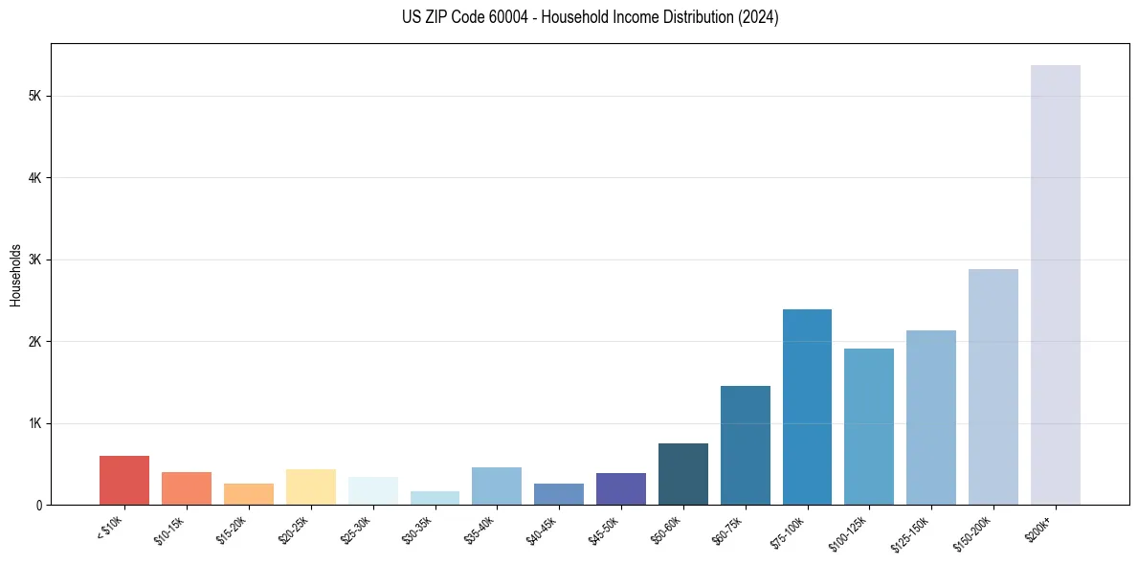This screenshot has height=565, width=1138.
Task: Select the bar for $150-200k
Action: click(993, 387)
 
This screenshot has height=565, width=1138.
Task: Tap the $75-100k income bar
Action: click(807, 407)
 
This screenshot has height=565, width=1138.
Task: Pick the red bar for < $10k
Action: click(124, 481)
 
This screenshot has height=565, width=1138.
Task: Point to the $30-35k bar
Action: click(435, 498)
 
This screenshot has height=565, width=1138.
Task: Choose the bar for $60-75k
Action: click(745, 445)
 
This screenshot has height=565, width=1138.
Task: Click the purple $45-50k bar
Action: click(620, 488)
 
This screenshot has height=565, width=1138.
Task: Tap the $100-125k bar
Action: click(869, 426)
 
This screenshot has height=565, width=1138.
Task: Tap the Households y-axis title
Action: click(15, 275)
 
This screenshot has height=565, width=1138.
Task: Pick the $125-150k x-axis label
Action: click(914, 529)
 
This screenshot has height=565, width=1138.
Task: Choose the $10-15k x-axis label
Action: click(169, 529)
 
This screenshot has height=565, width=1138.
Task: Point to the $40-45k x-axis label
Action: click(542, 529)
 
